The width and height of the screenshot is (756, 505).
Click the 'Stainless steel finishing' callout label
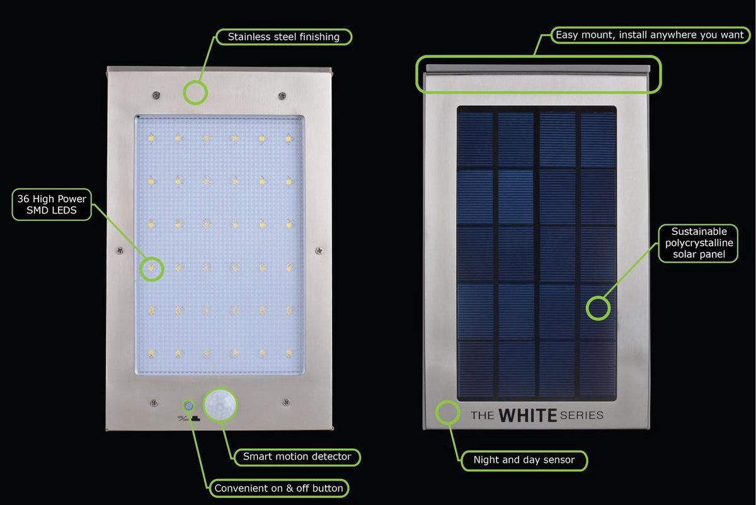[283, 37]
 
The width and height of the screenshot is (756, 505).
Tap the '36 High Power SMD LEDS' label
[52, 205]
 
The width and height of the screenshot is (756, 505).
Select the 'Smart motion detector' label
[297, 457]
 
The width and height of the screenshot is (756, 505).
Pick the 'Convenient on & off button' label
[278, 488]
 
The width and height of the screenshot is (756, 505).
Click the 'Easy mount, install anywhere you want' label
[650, 35]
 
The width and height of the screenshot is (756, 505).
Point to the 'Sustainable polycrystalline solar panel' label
[699, 243]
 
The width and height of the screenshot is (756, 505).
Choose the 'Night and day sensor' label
[524, 460]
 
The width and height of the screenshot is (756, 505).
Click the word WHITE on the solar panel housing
[527, 415]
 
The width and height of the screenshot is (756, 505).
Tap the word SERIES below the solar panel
[581, 415]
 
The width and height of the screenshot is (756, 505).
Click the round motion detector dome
[220, 404]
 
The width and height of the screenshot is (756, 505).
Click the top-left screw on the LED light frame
[156, 95]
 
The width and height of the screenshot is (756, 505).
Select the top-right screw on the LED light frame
[282, 96]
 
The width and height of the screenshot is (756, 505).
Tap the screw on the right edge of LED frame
[319, 251]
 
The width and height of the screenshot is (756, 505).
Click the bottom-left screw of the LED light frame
[154, 403]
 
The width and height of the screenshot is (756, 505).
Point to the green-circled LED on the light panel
[152, 268]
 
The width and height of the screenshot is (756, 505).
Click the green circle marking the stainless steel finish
[195, 81]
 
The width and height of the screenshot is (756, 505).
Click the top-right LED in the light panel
[289, 139]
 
